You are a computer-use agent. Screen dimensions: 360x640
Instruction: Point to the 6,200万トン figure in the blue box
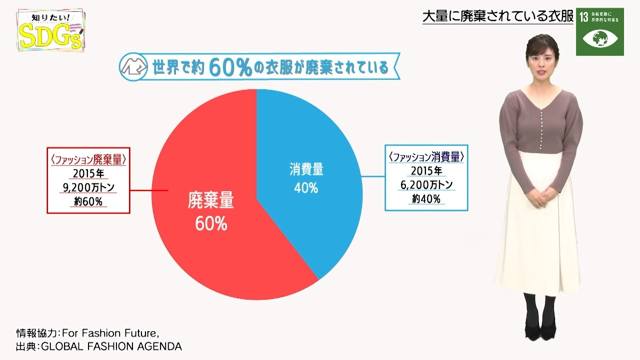[426, 185]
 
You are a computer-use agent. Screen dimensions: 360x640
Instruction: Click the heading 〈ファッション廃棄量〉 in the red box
[88, 160]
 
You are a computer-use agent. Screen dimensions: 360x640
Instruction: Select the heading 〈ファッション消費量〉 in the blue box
[426, 157]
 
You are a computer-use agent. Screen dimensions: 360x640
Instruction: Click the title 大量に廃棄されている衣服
[497, 16]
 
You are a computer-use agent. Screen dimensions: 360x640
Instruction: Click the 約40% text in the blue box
[426, 199]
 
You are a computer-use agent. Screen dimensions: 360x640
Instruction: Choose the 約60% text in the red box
[88, 202]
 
